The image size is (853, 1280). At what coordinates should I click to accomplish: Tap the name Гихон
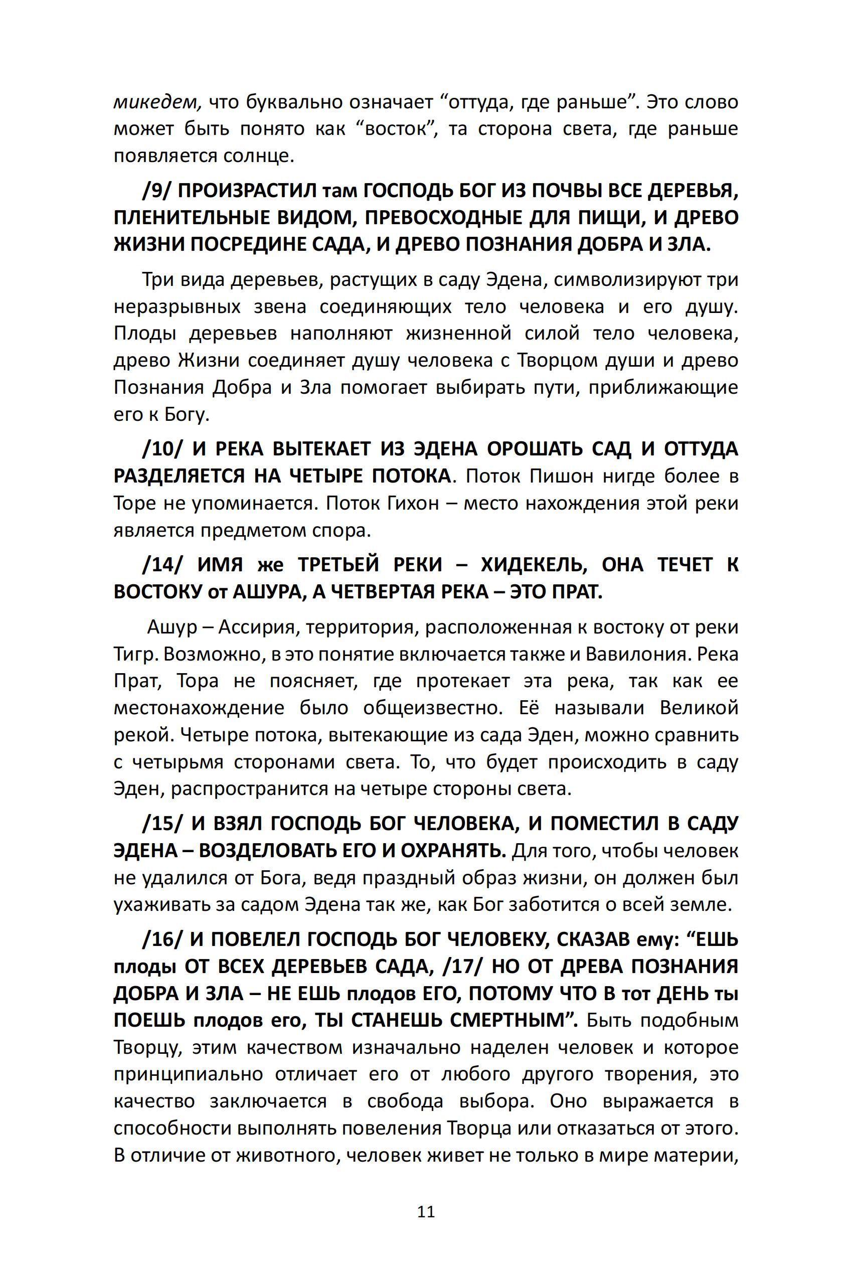[413, 504]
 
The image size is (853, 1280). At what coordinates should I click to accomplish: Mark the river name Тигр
[135, 654]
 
